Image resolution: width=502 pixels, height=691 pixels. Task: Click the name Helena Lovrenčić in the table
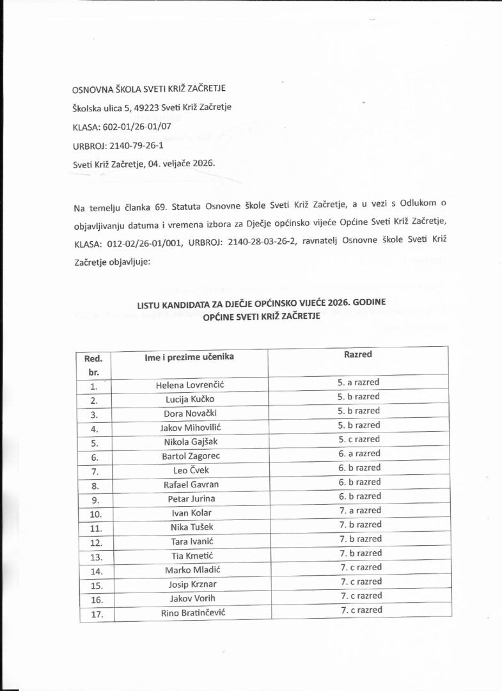coord(187,385)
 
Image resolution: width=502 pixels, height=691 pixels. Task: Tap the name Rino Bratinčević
coord(188,613)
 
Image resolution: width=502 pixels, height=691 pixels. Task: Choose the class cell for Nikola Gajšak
coord(358,440)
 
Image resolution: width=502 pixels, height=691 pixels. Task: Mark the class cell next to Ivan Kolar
coord(358,511)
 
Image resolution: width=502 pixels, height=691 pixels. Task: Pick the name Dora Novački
coord(188,413)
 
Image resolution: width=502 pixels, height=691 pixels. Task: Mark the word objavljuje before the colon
coord(125,262)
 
